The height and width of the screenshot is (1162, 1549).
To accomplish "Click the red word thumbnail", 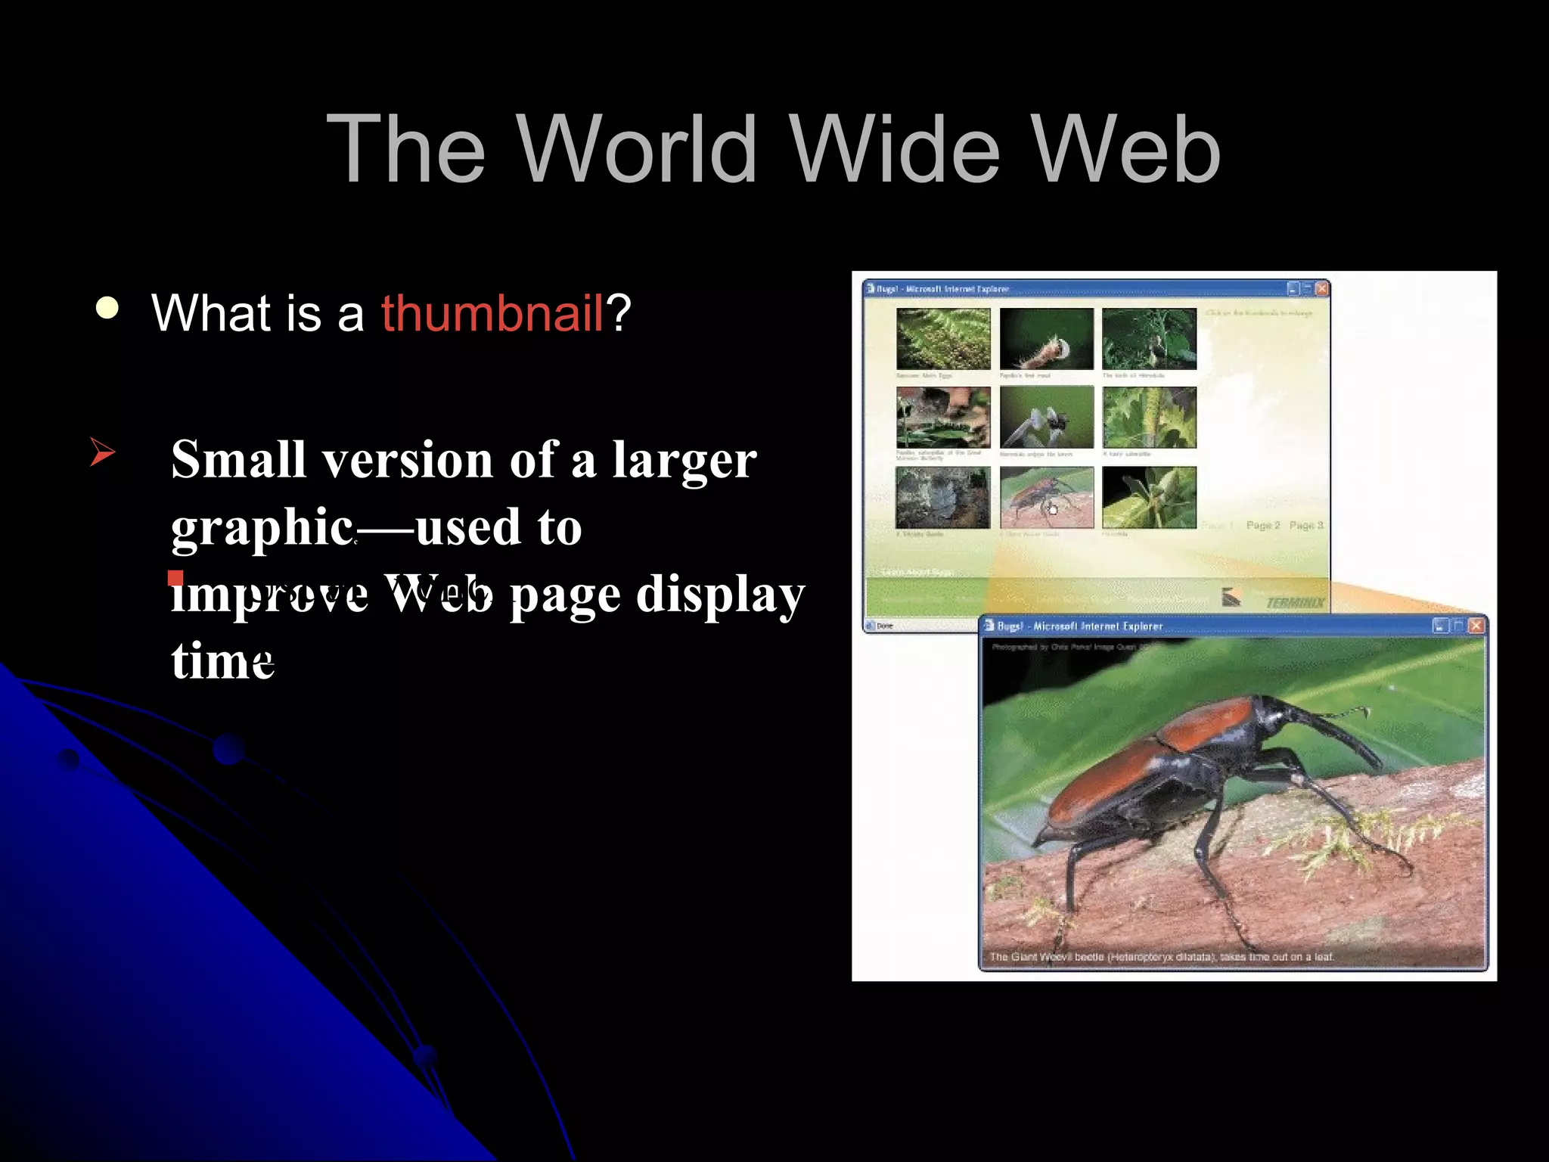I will [492, 312].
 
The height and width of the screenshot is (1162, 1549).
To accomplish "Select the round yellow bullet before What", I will [108, 308].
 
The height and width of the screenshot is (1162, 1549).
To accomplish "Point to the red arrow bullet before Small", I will [102, 452].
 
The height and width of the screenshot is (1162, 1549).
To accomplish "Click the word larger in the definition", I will [684, 459].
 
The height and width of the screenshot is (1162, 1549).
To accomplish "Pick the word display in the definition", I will [720, 595].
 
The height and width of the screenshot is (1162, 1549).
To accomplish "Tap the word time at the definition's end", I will [222, 661].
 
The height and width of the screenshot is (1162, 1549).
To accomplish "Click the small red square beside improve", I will [175, 579].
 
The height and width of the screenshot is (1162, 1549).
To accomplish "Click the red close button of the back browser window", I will [1321, 288].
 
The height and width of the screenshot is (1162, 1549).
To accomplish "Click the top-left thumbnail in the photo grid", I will [943, 338].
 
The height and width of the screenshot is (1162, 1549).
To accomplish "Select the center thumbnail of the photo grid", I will [1046, 418].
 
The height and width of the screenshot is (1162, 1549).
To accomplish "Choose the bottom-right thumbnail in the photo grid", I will [1149, 497].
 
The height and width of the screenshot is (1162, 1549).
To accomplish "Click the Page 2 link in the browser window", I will [1262, 525].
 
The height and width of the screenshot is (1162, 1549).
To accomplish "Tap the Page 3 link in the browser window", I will [1306, 525].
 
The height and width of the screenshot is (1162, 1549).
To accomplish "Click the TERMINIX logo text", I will [1295, 602].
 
